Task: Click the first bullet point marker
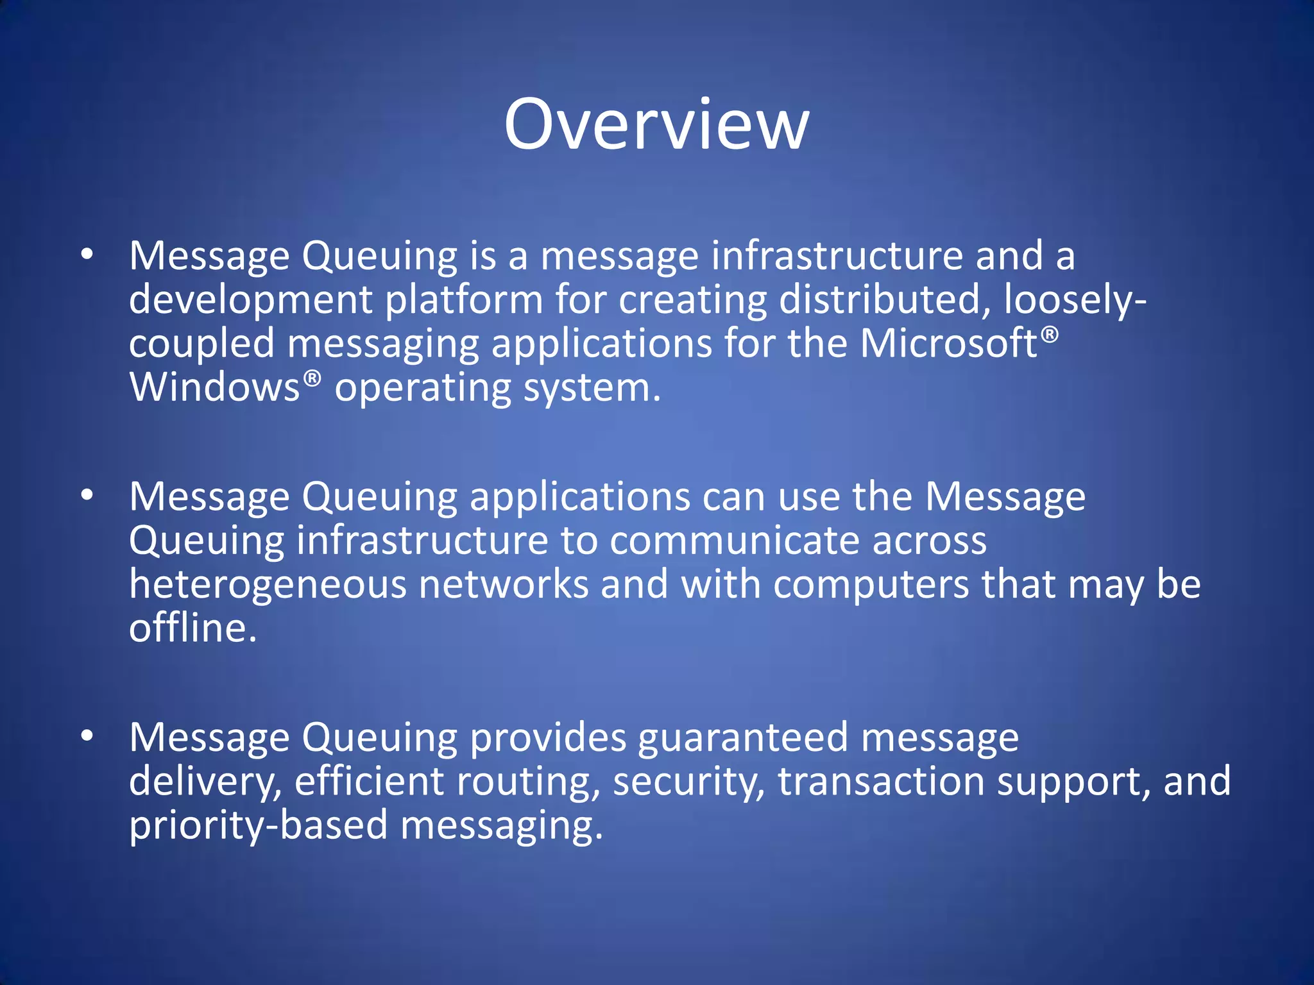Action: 87,255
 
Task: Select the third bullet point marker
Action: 87,736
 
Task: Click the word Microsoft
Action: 948,343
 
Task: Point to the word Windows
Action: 214,387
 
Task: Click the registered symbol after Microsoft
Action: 1049,335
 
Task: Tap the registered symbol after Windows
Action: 311,379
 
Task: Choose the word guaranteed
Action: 743,737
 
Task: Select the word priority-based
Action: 259,825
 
